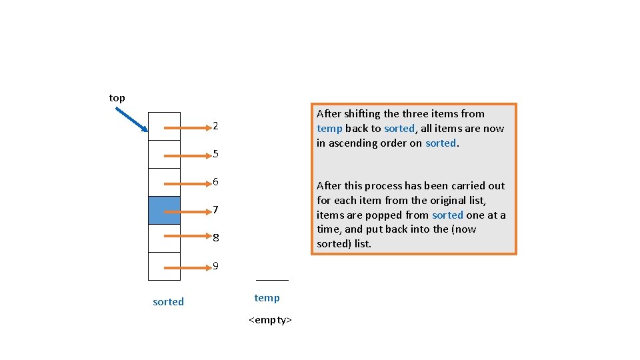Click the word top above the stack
[x=117, y=98]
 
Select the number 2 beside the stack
[x=215, y=126]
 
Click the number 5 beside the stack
[x=215, y=154]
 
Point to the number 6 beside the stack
[x=215, y=182]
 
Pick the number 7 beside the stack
[x=215, y=210]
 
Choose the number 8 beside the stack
[x=215, y=238]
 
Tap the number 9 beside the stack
[x=215, y=266]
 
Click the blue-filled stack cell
[x=164, y=210]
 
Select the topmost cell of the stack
[x=164, y=126]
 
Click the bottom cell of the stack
[x=164, y=266]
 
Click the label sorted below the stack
[x=168, y=302]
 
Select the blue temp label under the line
[x=267, y=298]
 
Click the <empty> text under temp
[x=270, y=321]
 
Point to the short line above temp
[x=272, y=281]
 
